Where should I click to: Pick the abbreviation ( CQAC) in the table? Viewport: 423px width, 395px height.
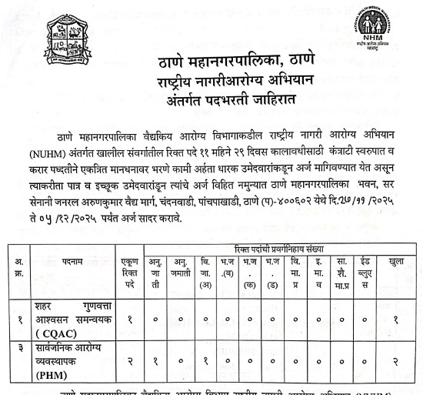58,333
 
